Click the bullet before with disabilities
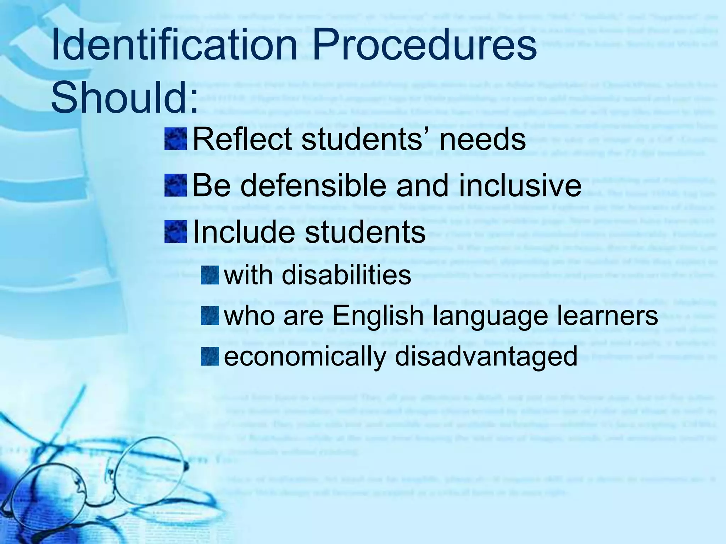(x=210, y=275)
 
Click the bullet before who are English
(x=210, y=316)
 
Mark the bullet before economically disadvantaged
(x=210, y=357)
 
